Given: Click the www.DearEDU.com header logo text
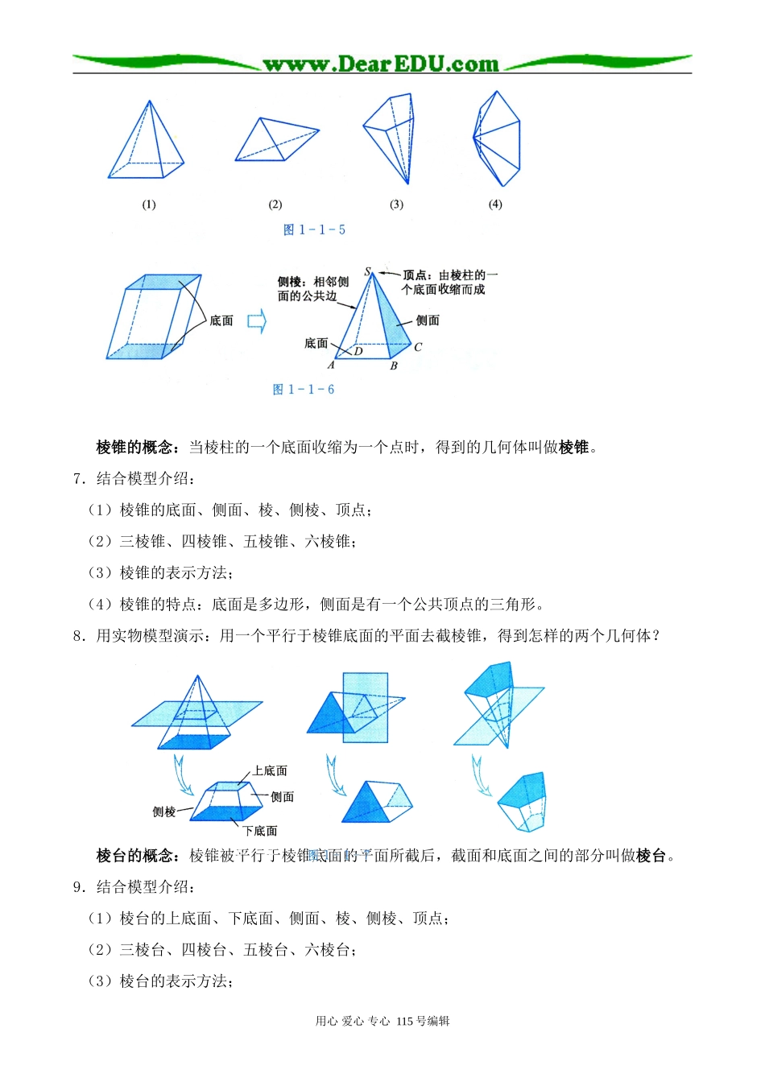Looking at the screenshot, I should (381, 64).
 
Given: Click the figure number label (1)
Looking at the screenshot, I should (149, 204).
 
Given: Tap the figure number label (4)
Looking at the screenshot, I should (495, 204).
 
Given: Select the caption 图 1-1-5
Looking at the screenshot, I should (314, 230).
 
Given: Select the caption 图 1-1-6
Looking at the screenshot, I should (304, 390).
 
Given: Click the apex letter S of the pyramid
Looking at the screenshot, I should (368, 272).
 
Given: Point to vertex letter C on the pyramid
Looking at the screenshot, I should (418, 348).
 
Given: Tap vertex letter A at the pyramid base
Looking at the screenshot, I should (331, 365).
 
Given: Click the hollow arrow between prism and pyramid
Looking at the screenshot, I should (256, 322).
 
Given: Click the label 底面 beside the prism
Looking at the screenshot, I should (221, 321).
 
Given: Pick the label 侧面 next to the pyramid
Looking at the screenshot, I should (428, 320).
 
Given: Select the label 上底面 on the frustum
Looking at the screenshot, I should (270, 771).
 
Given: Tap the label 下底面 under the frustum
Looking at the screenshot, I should (260, 831).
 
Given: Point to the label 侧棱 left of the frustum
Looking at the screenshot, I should (164, 812).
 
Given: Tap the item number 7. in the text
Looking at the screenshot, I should (79, 479).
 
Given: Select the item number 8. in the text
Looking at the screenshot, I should (79, 636).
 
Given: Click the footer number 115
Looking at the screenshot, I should (405, 1022).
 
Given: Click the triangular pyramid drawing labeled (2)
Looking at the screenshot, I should (276, 142).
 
